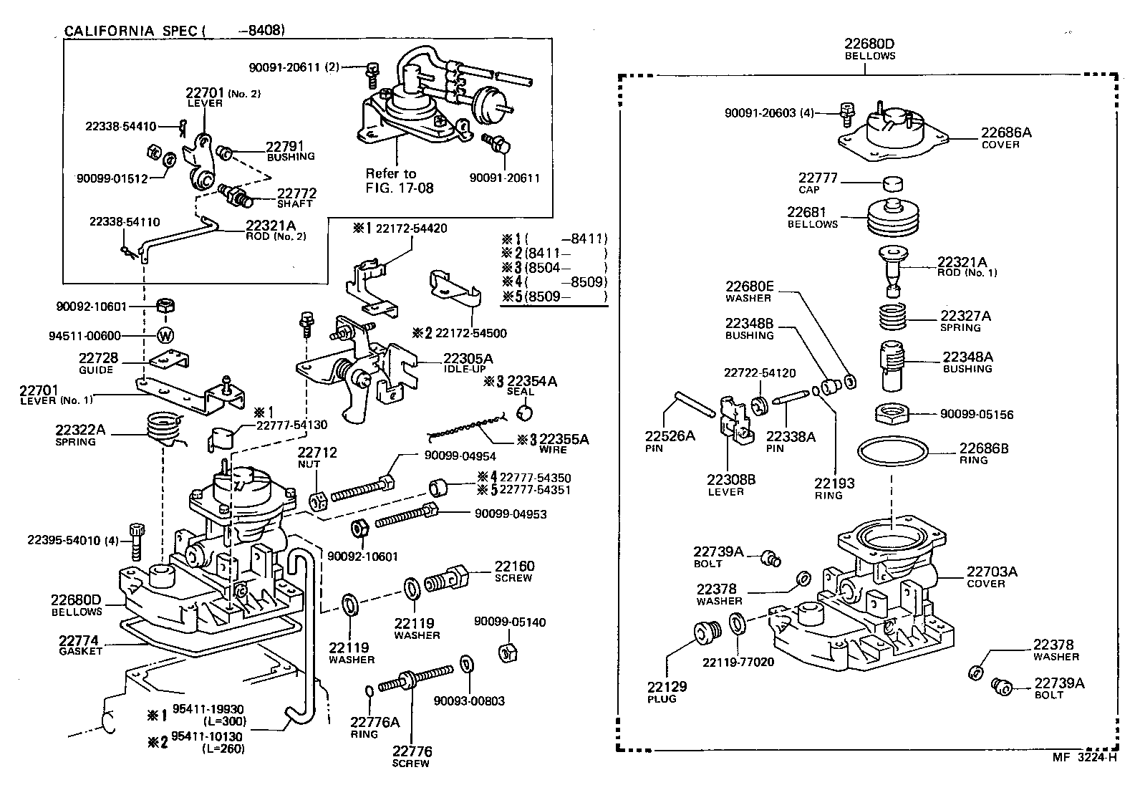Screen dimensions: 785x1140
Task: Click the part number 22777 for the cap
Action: point(818,178)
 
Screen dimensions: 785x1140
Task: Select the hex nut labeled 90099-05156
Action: point(894,414)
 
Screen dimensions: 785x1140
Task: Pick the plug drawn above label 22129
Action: point(707,634)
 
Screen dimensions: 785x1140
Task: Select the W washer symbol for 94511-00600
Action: point(165,335)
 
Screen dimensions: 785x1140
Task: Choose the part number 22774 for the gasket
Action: point(79,640)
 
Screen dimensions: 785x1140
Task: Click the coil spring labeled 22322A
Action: point(161,432)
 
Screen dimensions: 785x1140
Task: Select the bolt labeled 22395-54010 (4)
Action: point(137,542)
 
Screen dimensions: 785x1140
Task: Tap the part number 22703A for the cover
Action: point(992,572)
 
